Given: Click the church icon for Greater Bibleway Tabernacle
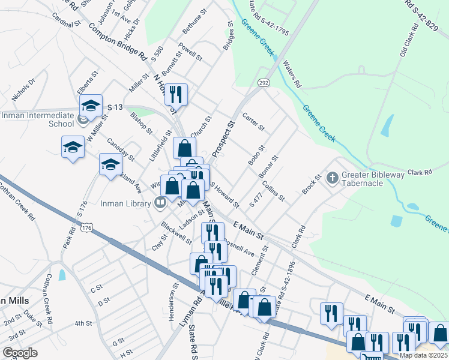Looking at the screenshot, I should tap(332, 178).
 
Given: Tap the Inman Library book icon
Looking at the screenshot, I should tap(160, 202).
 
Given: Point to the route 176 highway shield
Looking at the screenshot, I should tap(88, 228).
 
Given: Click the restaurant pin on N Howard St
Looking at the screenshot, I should tap(176, 94).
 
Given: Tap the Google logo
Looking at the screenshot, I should tap(20, 352).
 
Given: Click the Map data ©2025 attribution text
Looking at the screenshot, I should tap(423, 355).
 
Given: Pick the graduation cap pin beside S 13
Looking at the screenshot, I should tap(91, 106).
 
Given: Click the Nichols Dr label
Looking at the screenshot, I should tap(24, 88).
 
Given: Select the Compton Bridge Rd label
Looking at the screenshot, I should tap(118, 41).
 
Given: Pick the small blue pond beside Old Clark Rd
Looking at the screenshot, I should tap(388, 125).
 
